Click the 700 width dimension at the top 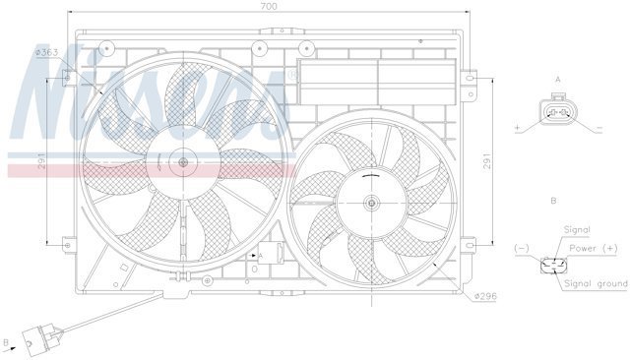(269, 6)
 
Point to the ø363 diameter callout (47, 52)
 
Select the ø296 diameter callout (485, 296)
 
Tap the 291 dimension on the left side (41, 161)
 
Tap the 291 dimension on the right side (487, 161)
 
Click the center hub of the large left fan (183, 162)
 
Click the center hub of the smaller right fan (372, 203)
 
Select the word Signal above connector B (577, 230)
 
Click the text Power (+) (593, 249)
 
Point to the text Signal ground (596, 283)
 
